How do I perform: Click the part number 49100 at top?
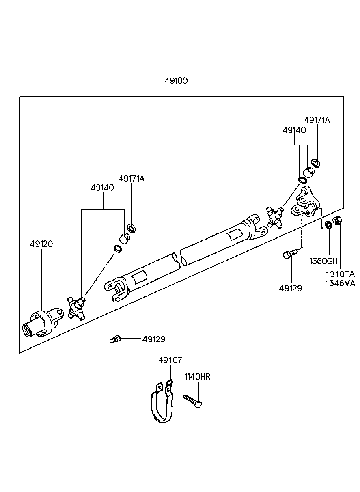(x=176, y=81)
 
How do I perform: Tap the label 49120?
(x=41, y=244)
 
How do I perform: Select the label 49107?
(x=170, y=360)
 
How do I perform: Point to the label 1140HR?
(x=197, y=377)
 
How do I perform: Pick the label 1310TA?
(x=340, y=274)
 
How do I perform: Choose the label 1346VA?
(x=340, y=283)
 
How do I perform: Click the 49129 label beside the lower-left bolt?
(x=154, y=339)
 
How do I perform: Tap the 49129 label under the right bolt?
(x=291, y=288)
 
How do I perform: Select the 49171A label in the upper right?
(x=317, y=120)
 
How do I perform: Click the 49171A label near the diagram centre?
(x=131, y=179)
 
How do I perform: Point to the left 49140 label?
(x=102, y=188)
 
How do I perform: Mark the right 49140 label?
(x=294, y=130)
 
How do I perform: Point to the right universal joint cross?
(x=275, y=216)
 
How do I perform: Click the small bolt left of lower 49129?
(x=115, y=339)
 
